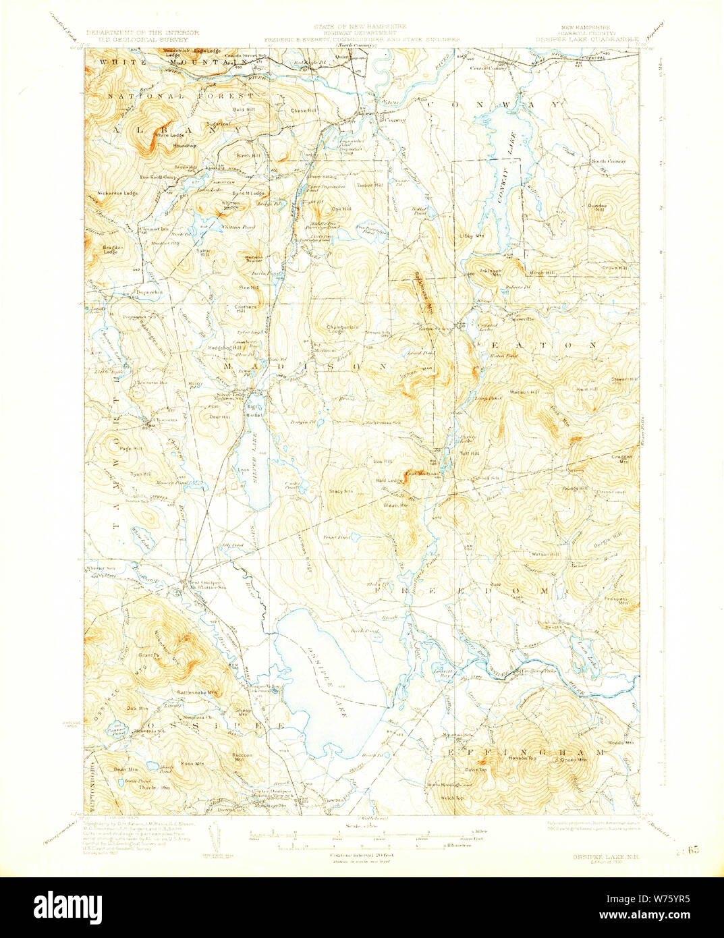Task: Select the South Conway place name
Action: [609, 161]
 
